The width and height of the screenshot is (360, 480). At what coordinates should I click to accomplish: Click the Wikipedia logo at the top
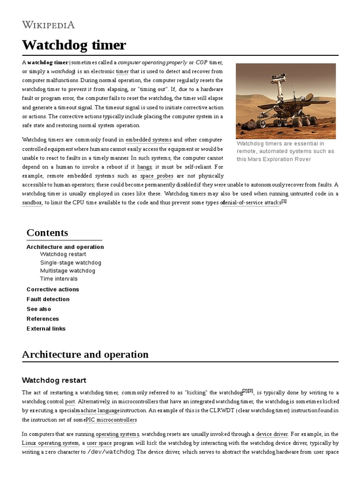click(48, 25)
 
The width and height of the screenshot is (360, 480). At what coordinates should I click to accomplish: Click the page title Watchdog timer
click(74, 45)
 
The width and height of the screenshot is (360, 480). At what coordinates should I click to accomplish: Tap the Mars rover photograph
click(285, 101)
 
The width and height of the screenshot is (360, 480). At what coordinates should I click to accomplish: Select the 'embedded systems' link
click(149, 140)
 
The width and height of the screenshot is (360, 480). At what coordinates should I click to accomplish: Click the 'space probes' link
click(157, 176)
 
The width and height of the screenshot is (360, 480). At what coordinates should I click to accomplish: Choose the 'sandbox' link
click(32, 203)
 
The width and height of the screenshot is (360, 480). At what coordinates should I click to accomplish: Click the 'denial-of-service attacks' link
click(251, 203)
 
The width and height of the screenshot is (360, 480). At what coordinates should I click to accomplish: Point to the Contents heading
click(47, 233)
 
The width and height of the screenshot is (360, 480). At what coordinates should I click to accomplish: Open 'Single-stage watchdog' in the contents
click(70, 262)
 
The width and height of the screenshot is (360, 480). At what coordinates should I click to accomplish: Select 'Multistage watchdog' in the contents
click(67, 270)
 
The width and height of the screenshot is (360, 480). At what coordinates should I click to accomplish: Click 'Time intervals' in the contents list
click(59, 278)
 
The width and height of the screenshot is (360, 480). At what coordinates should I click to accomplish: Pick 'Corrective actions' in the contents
click(52, 289)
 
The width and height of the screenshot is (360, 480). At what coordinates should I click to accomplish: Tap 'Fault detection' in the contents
click(48, 299)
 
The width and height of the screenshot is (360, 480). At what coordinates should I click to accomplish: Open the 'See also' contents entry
click(39, 309)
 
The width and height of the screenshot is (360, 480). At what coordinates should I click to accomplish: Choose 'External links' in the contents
click(46, 329)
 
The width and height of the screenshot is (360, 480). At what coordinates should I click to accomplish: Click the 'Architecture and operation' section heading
click(85, 354)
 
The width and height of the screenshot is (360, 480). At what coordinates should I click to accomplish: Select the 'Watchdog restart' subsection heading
click(54, 380)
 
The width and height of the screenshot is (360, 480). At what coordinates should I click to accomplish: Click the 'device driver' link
click(272, 434)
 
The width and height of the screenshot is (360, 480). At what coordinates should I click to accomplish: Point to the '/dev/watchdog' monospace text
click(111, 452)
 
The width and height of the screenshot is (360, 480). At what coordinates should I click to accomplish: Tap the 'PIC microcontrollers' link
click(112, 420)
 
